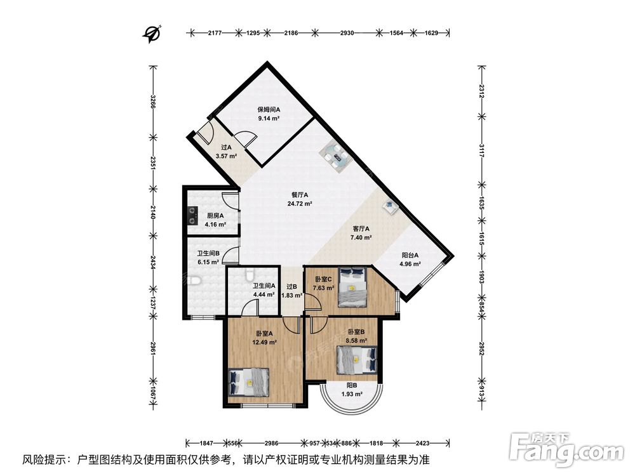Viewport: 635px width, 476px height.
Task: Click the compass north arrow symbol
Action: (152, 34)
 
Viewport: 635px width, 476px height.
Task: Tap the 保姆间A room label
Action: (269, 109)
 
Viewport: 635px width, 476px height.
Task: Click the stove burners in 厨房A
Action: (191, 216)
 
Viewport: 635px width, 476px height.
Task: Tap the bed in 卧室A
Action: (249, 381)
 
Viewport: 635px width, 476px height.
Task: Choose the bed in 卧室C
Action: (352, 286)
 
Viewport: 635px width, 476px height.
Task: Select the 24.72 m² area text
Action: (299, 204)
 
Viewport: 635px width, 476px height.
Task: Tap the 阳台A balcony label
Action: (410, 255)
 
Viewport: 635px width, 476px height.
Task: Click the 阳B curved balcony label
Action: (352, 385)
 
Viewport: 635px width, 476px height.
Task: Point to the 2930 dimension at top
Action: (347, 33)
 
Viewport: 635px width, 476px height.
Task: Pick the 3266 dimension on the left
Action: (152, 102)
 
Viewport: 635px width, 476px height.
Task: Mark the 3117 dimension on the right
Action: (481, 150)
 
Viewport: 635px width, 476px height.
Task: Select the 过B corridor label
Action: (292, 287)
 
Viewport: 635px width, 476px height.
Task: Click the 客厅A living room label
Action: (361, 228)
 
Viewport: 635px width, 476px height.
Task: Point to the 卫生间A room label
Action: (264, 286)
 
